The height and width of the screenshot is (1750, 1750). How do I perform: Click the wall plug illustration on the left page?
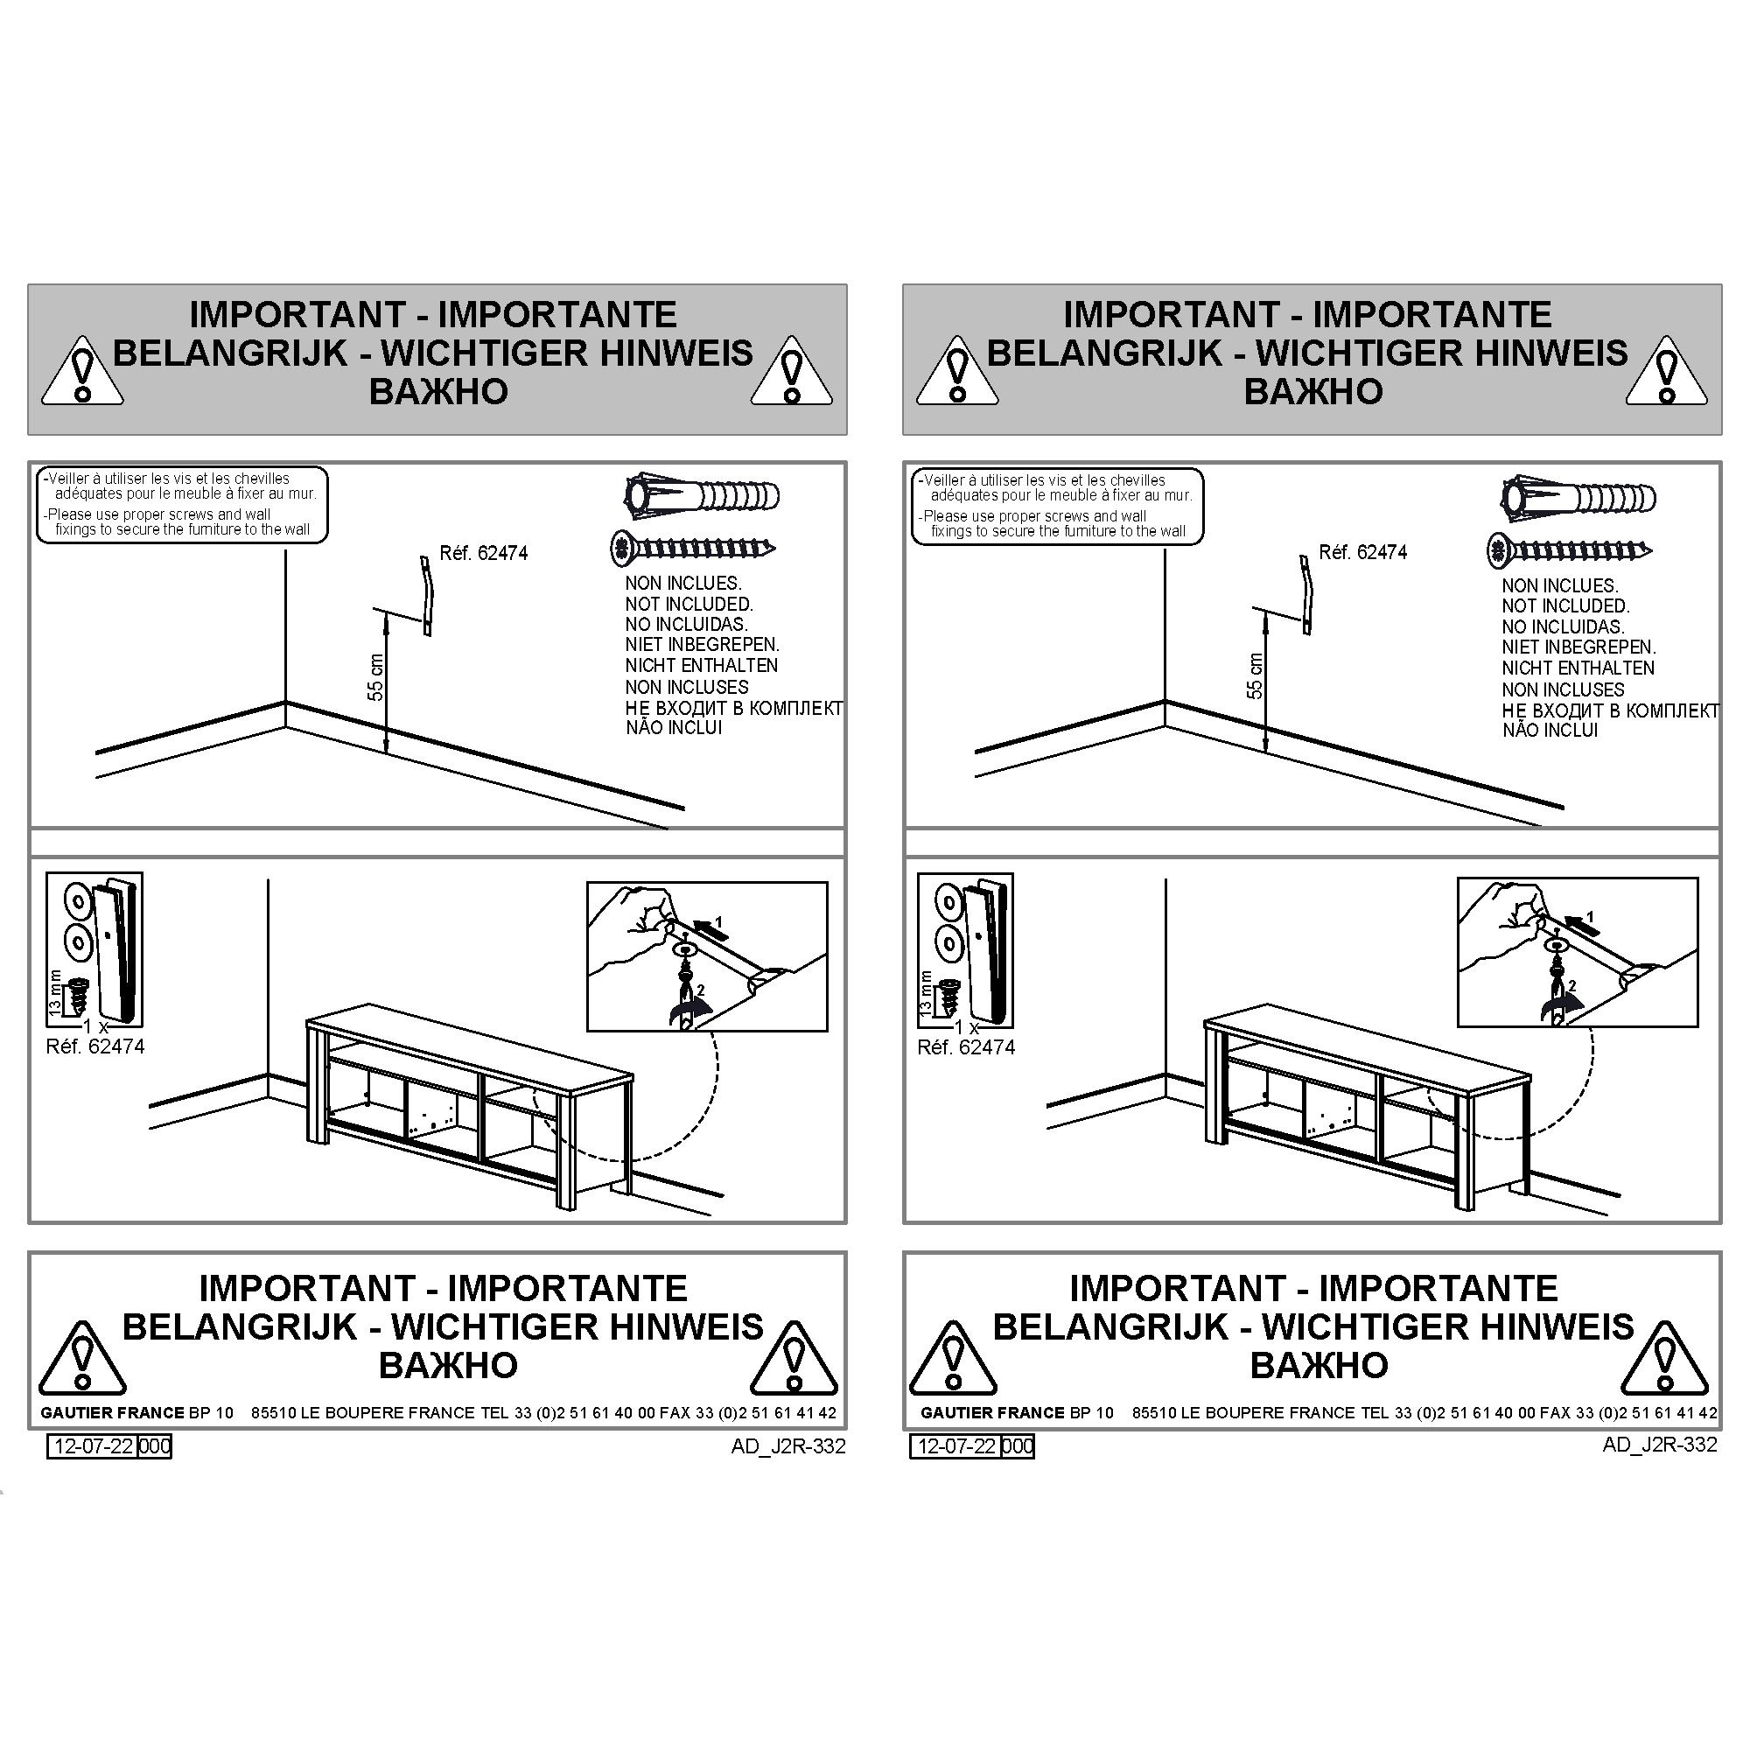[x=702, y=496]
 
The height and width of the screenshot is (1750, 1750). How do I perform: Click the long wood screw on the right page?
[x=1570, y=549]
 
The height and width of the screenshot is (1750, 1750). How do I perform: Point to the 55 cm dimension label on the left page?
[x=376, y=677]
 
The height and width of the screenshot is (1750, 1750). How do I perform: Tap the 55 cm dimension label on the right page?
[x=1255, y=675]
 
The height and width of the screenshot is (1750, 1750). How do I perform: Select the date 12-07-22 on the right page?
[x=957, y=1445]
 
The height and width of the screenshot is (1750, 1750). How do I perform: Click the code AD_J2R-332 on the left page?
[x=788, y=1446]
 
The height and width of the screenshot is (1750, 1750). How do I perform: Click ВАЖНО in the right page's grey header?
[x=1312, y=391]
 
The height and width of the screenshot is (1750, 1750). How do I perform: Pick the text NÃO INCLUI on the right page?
[x=1550, y=730]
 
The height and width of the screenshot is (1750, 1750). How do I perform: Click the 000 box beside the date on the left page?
[x=155, y=1445]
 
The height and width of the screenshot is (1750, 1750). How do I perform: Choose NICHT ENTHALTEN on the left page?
[x=701, y=666]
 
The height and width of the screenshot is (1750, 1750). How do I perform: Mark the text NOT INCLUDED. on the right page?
[x=1565, y=606]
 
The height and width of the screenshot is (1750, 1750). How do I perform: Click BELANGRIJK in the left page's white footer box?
[x=240, y=1327]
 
